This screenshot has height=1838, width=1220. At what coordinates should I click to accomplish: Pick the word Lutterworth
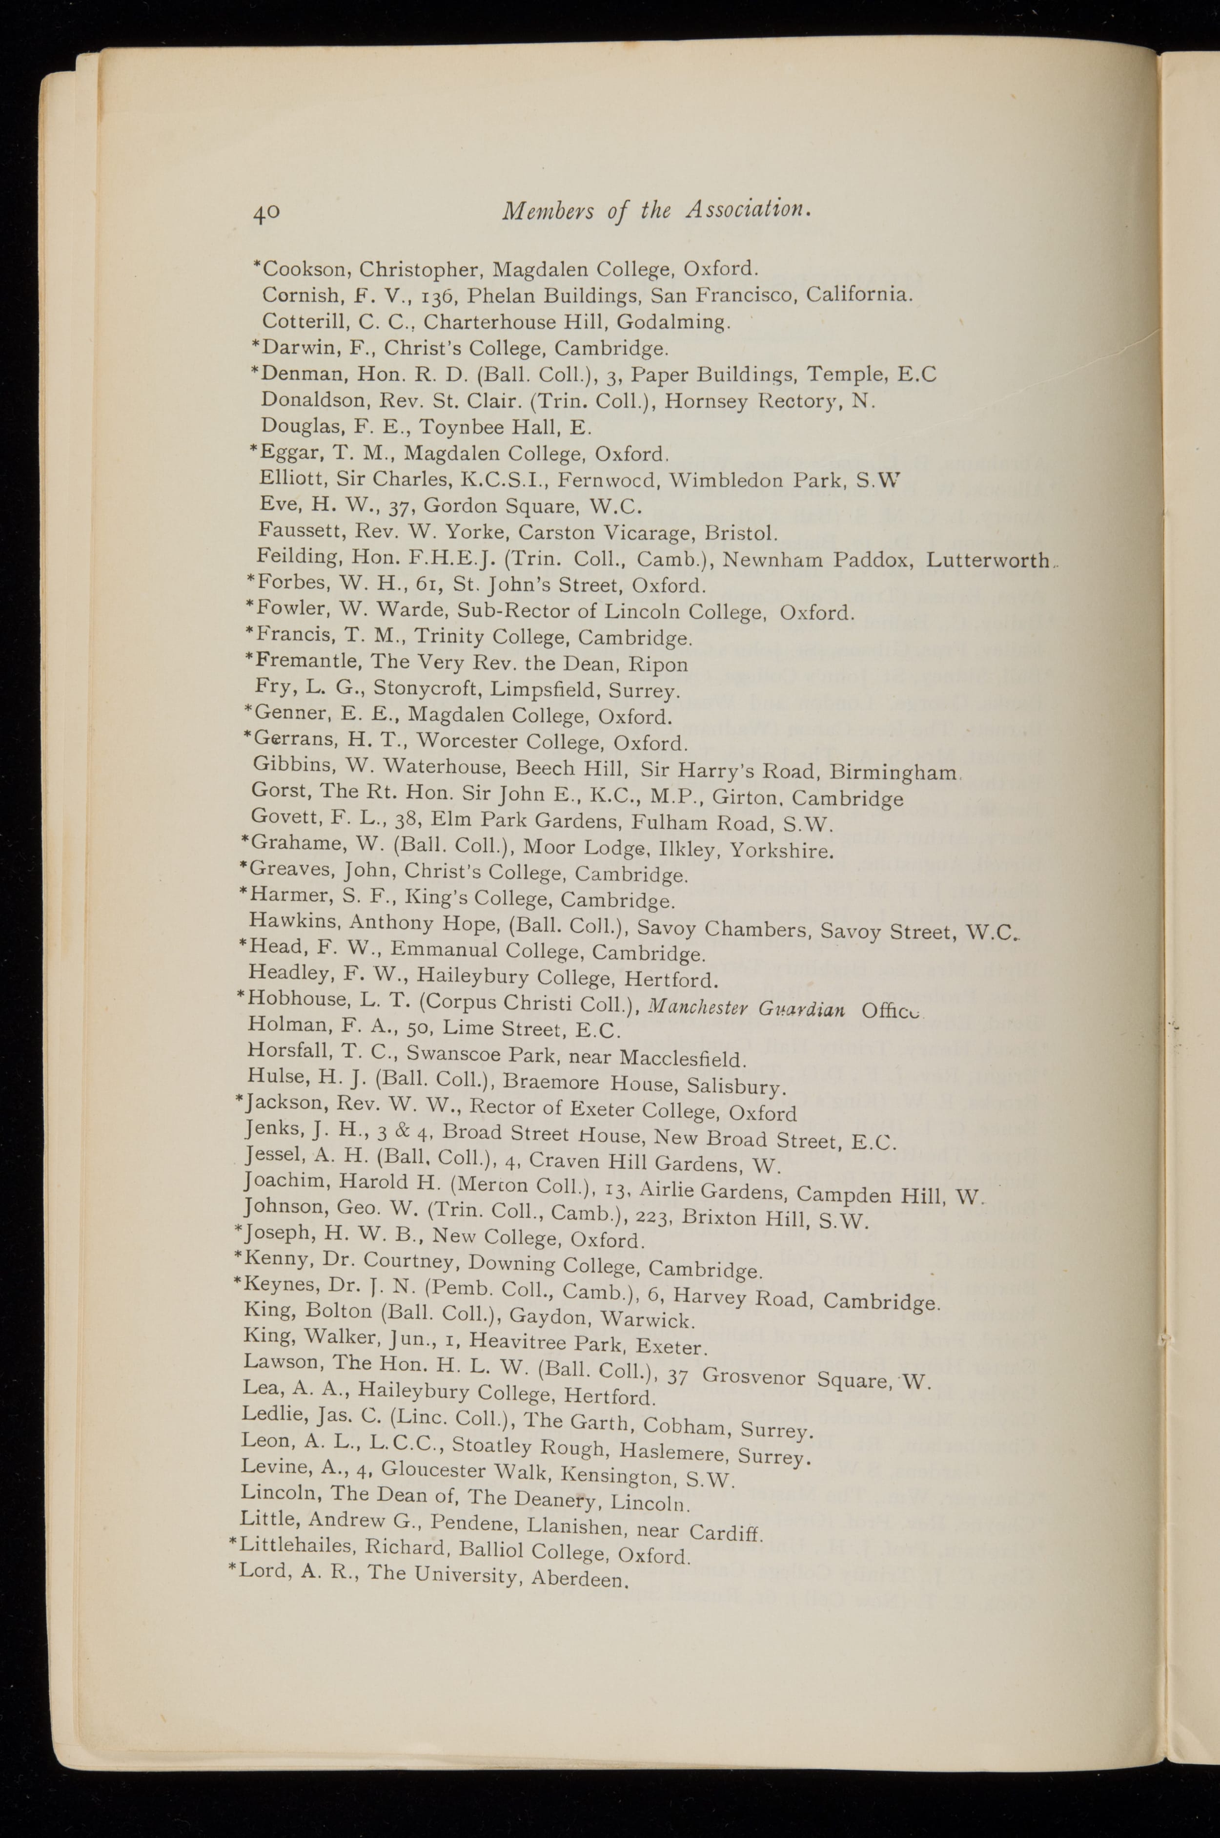pos(988,561)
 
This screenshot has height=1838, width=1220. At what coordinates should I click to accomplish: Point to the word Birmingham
pos(893,773)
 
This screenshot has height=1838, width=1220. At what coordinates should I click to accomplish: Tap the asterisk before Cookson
pos(257,266)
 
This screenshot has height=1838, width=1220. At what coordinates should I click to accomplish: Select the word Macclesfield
pos(682,1060)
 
